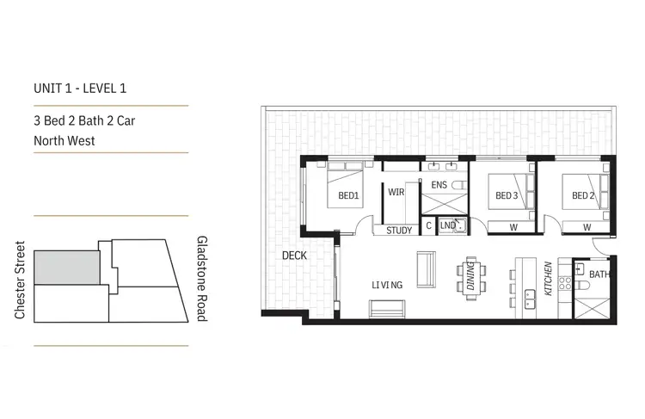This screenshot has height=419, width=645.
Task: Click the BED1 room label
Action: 348,196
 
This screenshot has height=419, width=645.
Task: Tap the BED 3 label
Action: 507,196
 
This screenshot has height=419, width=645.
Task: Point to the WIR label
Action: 396,192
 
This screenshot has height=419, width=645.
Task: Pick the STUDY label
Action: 399,230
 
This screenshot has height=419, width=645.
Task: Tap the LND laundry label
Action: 447,226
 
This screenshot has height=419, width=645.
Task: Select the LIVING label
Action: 387,284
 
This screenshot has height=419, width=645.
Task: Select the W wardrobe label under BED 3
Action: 513,227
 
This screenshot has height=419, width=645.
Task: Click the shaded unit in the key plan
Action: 65,268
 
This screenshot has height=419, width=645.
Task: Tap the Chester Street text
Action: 20,280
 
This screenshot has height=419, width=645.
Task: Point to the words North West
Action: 64,140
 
